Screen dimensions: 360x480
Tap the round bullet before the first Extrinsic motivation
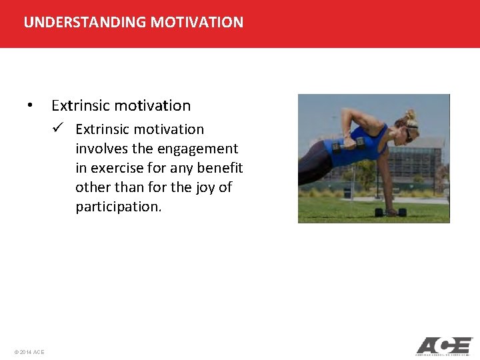pyautogui.click(x=29, y=105)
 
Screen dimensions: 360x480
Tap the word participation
pyautogui.click(x=117, y=206)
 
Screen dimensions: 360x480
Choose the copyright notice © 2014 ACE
pyautogui.click(x=29, y=351)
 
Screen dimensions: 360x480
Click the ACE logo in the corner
pyautogui.click(x=443, y=346)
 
